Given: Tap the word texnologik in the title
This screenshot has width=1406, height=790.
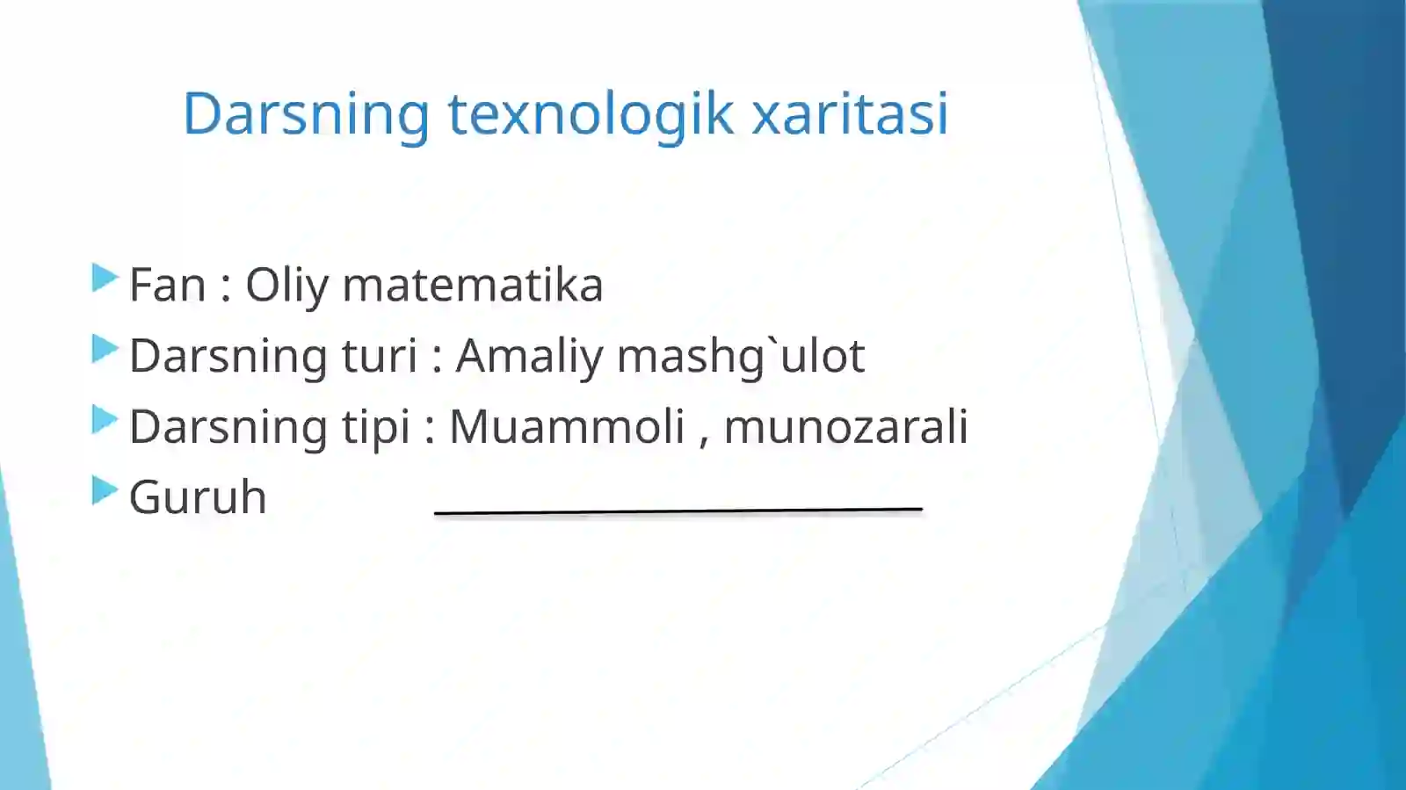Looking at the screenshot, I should tap(591, 114).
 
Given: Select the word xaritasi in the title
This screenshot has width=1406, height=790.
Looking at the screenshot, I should tap(850, 114).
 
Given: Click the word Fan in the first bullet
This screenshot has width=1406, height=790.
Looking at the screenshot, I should tap(167, 286).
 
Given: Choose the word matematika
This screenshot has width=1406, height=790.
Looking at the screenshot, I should tap(473, 286).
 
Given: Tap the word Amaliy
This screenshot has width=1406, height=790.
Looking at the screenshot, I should tap(530, 357).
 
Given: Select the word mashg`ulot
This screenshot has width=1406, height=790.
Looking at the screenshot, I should tap(741, 357).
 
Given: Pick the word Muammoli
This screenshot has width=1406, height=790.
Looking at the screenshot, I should tap(567, 427).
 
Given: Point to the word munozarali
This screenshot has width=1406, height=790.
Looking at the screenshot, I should tap(845, 427).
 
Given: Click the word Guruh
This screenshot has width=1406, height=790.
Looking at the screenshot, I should tap(198, 497).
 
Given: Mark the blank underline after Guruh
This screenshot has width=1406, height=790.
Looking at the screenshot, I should tap(678, 510).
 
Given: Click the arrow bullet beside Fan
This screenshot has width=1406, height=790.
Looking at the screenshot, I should tap(105, 279).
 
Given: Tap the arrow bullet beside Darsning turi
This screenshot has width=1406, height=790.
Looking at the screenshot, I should tap(105, 350).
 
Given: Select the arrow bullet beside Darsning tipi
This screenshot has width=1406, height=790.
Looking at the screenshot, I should tap(105, 420).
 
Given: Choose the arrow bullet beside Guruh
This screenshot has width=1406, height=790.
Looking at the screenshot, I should tap(105, 490).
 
